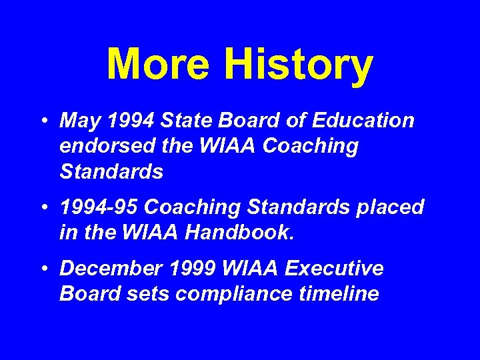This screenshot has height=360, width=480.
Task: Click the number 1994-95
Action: tap(99, 207)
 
